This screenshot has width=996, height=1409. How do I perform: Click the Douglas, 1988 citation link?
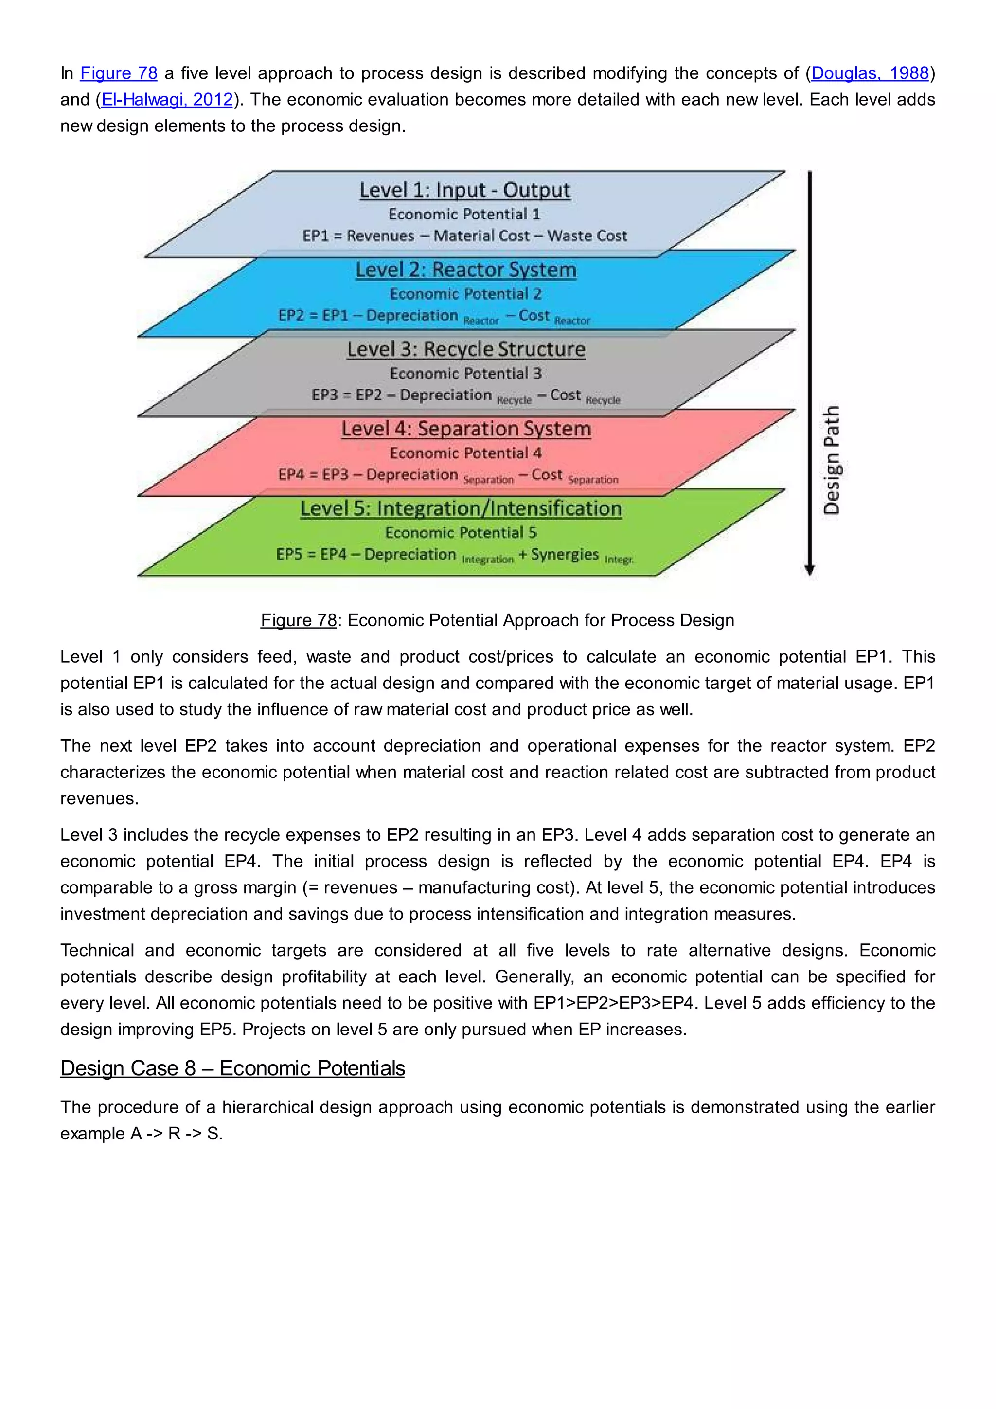[870, 73]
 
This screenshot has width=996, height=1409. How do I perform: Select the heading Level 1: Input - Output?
[465, 190]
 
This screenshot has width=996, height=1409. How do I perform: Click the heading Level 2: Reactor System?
[466, 270]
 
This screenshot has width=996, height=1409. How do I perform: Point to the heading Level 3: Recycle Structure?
[466, 349]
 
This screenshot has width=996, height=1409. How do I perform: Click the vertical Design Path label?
[831, 460]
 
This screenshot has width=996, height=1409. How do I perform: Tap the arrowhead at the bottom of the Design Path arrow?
[810, 570]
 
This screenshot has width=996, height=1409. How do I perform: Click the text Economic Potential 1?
[464, 214]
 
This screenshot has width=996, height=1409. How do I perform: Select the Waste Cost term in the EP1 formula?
[587, 235]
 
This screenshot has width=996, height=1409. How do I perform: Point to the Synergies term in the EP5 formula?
[565, 554]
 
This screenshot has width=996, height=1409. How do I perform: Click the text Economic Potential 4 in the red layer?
[465, 453]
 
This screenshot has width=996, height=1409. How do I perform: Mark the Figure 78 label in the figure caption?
[299, 620]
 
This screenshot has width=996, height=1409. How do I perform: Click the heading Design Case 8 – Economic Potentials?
[232, 1068]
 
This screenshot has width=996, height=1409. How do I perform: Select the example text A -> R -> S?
[176, 1134]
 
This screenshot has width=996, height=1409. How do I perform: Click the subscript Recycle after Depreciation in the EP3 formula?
[514, 400]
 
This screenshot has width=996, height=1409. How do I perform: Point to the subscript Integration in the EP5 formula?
[488, 560]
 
